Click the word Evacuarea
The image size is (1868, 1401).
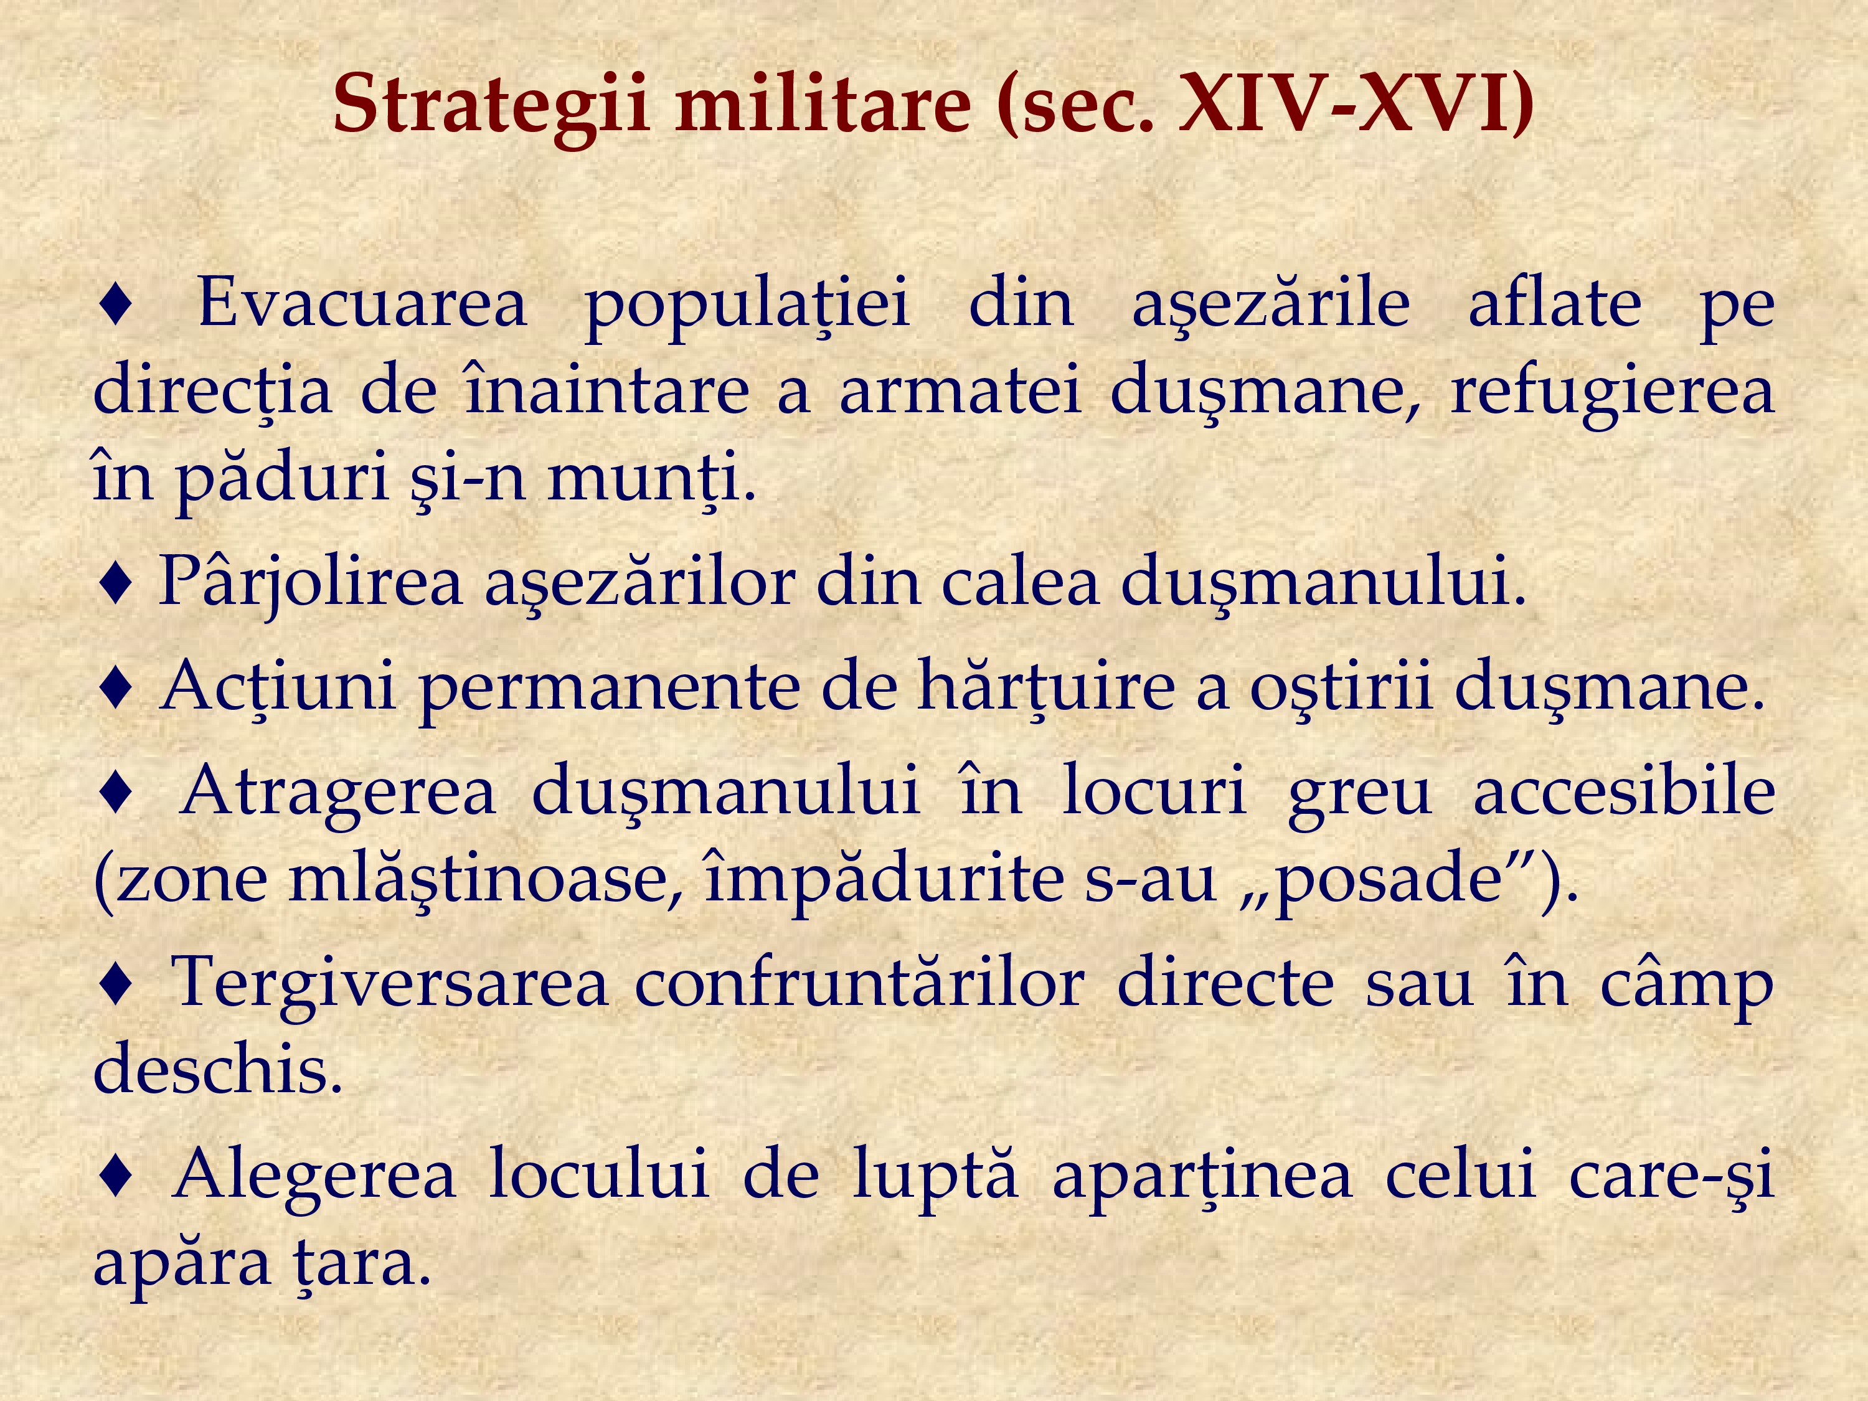coord(362,303)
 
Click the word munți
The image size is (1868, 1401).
coord(652,478)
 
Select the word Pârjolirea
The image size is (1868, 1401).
coord(311,583)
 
